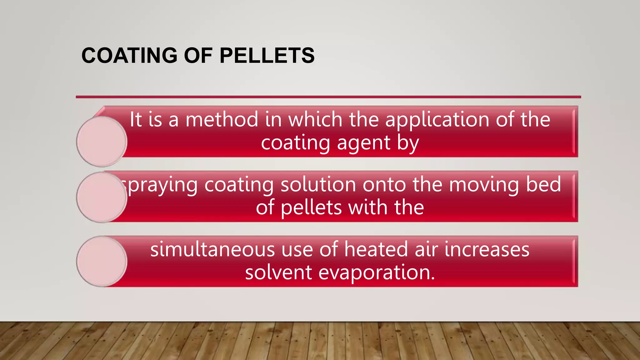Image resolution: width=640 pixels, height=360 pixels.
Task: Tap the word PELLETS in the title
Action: pos(267,56)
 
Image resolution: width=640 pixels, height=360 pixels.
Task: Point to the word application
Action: pos(437,120)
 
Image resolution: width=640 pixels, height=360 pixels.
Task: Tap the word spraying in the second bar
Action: pos(159,185)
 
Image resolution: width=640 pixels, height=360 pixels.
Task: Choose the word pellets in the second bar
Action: pos(311,208)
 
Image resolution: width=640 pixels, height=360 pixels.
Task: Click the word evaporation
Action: pos(376,273)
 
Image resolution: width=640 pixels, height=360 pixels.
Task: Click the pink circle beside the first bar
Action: pos(102,142)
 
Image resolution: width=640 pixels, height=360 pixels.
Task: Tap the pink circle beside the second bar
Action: pos(102,197)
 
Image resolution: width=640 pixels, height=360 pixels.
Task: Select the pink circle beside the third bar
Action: pos(102,261)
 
